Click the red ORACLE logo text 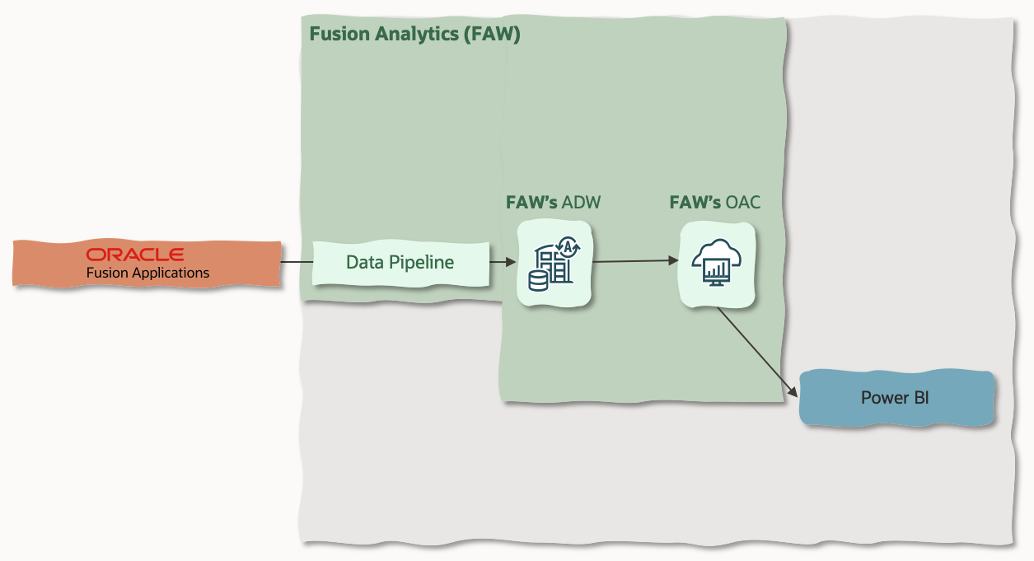(135, 254)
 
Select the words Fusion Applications (147, 273)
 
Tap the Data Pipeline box (400, 263)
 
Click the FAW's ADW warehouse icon (554, 264)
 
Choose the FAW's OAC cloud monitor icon (717, 264)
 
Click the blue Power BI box (896, 398)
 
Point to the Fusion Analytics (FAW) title (414, 35)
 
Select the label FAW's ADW (553, 203)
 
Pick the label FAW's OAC (714, 203)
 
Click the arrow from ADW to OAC (634, 262)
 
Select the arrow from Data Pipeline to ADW (503, 262)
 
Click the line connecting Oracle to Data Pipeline (297, 262)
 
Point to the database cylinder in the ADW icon (538, 281)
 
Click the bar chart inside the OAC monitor (717, 269)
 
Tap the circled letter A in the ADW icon (569, 244)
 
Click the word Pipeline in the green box (425, 263)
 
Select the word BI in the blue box (920, 398)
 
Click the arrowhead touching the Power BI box (794, 392)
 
